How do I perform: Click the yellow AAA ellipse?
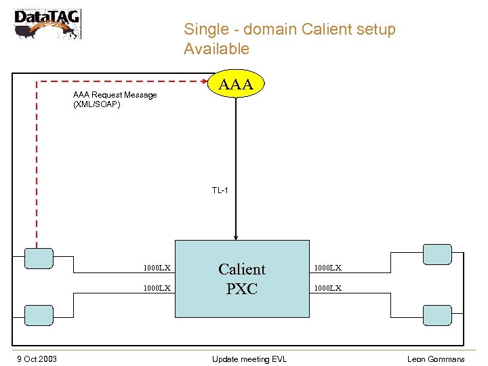pos(236,84)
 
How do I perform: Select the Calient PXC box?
pos(242,279)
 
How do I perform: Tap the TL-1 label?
pos(220,190)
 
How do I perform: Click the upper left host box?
pos(38,258)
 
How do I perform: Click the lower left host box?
pos(38,314)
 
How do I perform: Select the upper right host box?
pos(436,254)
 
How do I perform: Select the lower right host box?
pos(436,314)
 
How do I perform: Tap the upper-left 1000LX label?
pos(157,268)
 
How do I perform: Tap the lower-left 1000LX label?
pos(157,288)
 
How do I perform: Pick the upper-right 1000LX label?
pos(327,268)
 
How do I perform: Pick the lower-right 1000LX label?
pos(327,288)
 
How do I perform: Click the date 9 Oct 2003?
pos(37,359)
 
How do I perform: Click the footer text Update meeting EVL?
pos(249,359)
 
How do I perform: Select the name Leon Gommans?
pos(436,359)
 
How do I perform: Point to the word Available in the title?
pos(216,49)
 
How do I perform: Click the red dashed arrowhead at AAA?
pos(206,81)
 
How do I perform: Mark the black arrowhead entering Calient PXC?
pos(236,237)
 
